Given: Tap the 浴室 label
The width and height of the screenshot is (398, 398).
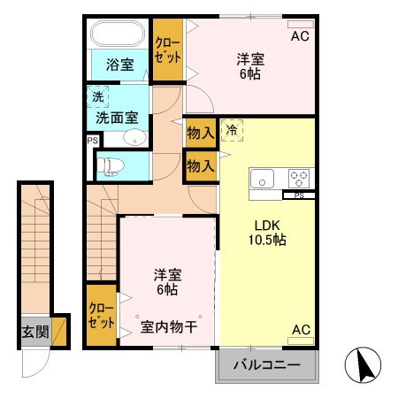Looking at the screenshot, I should [120, 65].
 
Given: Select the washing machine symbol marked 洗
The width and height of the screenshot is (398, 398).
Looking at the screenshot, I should [95, 96].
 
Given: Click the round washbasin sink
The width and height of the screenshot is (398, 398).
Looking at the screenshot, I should [133, 136].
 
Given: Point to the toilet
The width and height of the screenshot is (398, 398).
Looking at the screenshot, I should [111, 165].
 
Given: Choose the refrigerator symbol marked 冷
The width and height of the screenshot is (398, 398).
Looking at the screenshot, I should [231, 129].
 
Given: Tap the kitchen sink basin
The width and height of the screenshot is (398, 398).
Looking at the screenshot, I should [264, 178].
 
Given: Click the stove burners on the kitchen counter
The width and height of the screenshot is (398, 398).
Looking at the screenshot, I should [298, 177].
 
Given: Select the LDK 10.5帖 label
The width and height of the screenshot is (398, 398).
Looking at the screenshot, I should [265, 232].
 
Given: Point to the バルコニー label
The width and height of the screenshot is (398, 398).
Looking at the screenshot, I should [267, 364].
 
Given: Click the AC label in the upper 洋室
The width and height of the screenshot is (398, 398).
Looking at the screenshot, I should [301, 36].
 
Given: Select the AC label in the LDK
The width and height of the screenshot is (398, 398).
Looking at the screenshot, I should [301, 330].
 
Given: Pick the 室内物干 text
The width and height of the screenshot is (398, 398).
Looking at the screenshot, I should [169, 327].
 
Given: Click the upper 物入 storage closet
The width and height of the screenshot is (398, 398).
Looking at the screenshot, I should [201, 133].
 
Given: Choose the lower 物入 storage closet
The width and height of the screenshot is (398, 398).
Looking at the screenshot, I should [201, 165].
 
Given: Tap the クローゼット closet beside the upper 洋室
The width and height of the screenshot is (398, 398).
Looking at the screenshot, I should [166, 49].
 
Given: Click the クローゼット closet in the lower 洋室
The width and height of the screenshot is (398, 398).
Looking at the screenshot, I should [101, 315].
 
